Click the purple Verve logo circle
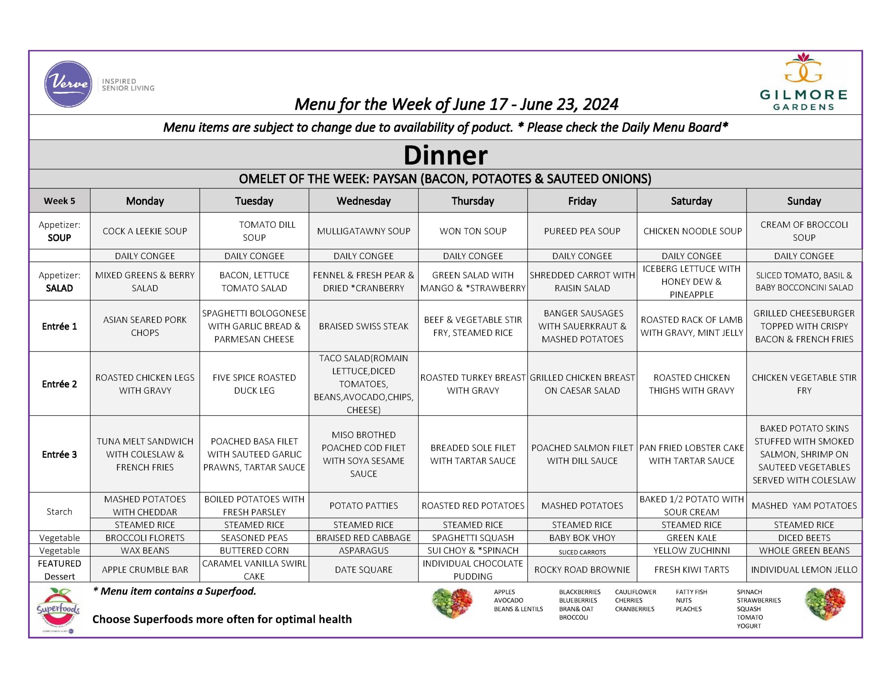tap(68, 84)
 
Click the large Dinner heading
tap(446, 155)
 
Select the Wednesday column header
tap(363, 201)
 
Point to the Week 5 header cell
tap(60, 201)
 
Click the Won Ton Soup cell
tap(473, 231)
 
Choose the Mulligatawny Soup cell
tap(363, 231)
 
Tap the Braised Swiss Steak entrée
tap(363, 326)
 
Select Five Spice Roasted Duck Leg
tap(254, 384)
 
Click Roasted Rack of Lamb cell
tap(691, 326)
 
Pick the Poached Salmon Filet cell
tap(582, 454)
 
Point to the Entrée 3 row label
tap(60, 455)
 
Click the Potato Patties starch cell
tap(363, 506)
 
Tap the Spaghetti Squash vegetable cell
tap(473, 538)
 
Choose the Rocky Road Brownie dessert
tap(582, 570)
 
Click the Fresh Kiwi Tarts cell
tap(691, 570)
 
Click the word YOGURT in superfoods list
tap(749, 626)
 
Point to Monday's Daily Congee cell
tap(145, 256)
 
